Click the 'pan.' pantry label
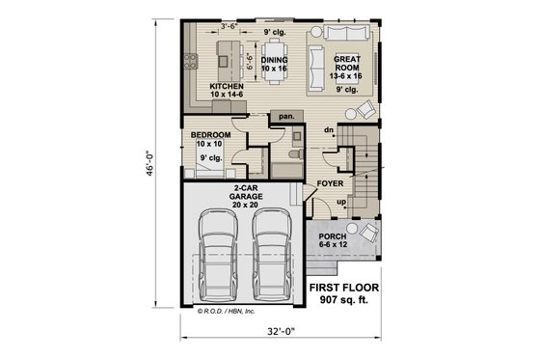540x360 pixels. click(285, 116)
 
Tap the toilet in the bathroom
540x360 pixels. click(295, 151)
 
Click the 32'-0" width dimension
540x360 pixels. click(278, 334)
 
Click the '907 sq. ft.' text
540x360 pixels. click(343, 302)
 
